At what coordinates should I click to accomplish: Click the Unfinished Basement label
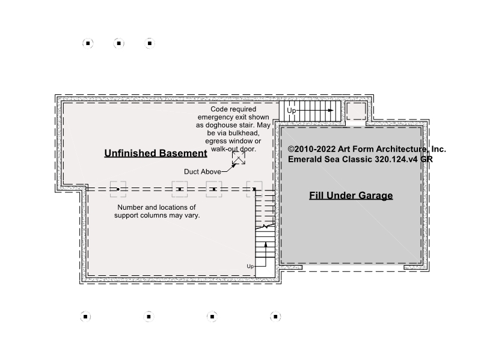click(x=156, y=153)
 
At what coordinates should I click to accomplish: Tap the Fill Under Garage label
click(x=351, y=195)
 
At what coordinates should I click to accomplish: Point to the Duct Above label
click(x=203, y=172)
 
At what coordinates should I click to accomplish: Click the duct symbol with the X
click(x=239, y=158)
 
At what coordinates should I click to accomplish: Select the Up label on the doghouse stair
click(x=292, y=111)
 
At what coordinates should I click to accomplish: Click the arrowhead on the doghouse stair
click(x=331, y=111)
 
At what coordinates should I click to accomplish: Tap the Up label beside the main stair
click(x=250, y=266)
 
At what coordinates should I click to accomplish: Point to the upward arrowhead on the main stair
click(x=266, y=245)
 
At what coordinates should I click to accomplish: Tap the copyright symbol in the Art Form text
click(x=291, y=149)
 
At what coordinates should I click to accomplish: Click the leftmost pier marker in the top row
click(x=88, y=43)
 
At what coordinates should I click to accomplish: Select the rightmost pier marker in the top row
click(x=150, y=43)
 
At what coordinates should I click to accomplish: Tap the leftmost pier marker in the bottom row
click(x=85, y=317)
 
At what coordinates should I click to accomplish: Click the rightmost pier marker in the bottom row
click(x=275, y=317)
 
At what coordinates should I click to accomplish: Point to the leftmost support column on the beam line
click(x=118, y=189)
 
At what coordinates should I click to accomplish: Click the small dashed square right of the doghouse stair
click(x=356, y=111)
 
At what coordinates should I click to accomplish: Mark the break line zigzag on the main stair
click(x=265, y=227)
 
